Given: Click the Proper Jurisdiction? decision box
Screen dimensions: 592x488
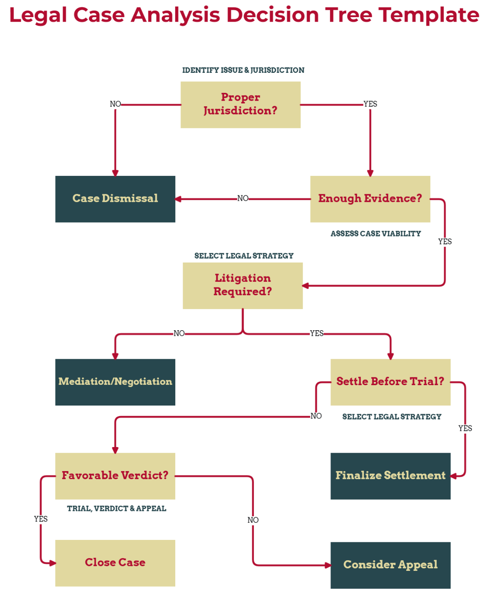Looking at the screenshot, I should point(240,105).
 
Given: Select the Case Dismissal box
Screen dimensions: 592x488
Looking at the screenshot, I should point(115,199).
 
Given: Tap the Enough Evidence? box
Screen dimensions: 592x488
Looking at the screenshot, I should point(370,199).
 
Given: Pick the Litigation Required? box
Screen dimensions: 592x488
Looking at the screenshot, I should point(242,285).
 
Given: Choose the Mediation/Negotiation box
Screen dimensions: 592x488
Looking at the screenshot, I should point(115,382).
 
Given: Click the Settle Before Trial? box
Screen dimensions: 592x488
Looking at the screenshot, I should point(390,382).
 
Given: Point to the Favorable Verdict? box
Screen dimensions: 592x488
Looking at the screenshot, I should point(115,476).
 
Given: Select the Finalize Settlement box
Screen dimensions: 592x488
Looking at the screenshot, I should point(390,476).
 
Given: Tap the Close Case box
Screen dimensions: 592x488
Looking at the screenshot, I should point(115,563).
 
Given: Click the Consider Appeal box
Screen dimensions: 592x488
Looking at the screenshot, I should point(390,565).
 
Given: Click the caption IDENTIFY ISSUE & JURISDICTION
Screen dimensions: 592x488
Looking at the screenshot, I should point(243,70).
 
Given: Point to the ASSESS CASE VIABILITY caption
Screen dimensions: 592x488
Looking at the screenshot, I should point(375,234).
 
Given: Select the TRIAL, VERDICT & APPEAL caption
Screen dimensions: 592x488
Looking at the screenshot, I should point(117,509).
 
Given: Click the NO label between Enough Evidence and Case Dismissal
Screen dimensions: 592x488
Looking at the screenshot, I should point(243,198).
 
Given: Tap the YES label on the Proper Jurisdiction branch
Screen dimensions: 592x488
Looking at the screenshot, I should point(370,104).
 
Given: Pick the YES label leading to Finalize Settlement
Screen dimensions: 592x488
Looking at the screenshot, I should point(465,428).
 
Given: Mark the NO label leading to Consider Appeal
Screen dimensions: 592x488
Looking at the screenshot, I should point(253,520).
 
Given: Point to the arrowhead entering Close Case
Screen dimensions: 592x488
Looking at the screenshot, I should point(52,563).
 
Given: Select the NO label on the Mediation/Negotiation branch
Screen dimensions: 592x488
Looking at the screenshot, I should point(179,333).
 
